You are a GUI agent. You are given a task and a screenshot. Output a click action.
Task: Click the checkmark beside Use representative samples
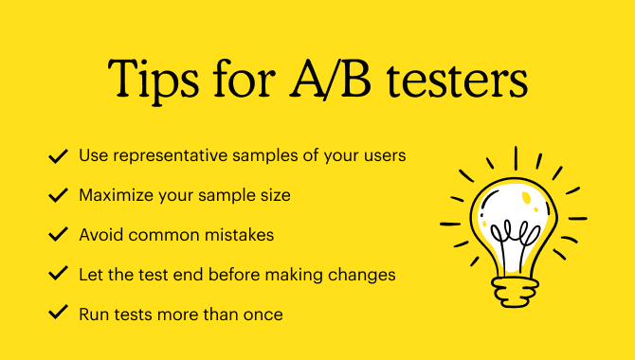[58, 155]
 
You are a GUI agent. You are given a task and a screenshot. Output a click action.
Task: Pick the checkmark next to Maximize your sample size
[58, 195]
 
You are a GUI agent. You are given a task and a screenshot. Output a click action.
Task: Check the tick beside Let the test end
[58, 275]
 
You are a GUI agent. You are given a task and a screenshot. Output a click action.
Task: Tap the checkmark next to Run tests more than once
[58, 314]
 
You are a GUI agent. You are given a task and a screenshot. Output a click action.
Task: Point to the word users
[385, 155]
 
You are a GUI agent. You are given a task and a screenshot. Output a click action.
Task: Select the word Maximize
[115, 195]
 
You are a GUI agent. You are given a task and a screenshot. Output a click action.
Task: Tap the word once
[263, 314]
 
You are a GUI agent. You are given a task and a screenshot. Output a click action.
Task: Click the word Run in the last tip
[94, 314]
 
